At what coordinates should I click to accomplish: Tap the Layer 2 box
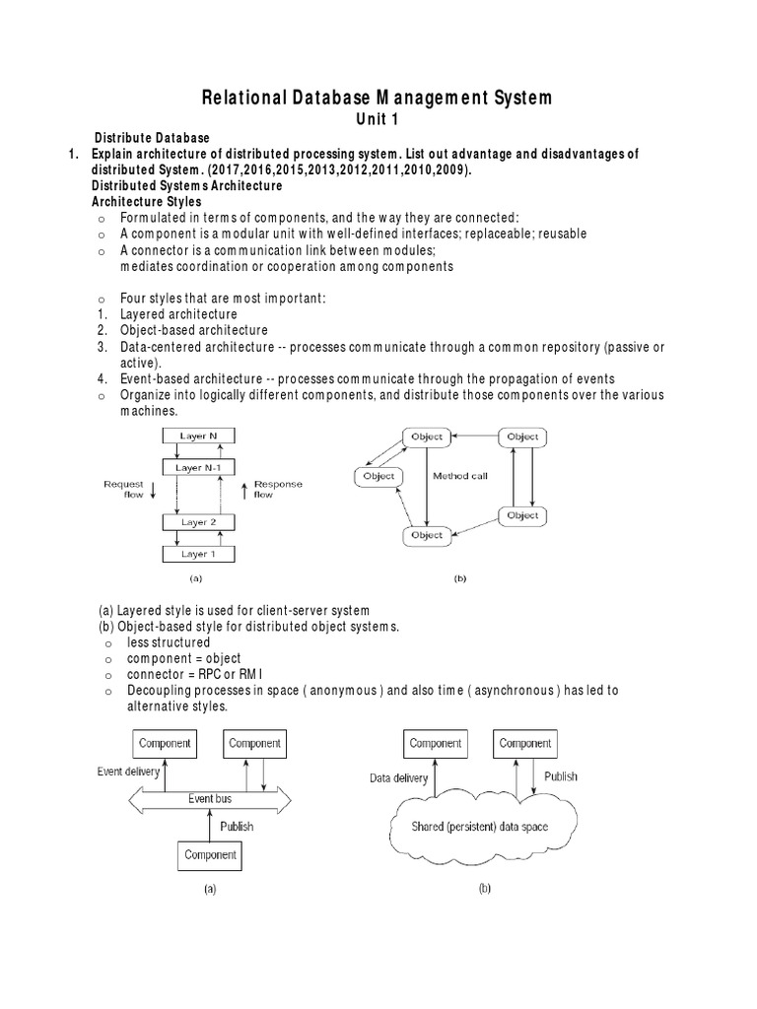point(199,522)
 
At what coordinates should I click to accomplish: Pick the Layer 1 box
point(199,554)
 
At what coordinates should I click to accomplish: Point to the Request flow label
point(124,490)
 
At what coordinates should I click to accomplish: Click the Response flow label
point(277,490)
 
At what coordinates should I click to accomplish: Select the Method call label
point(460,476)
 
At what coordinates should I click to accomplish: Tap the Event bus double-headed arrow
point(210,799)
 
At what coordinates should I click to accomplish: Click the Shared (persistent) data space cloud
point(479,827)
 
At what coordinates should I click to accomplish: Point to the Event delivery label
point(128,772)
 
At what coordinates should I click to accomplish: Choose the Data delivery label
point(398,777)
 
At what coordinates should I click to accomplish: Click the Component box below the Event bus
point(210,854)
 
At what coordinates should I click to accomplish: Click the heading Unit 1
point(378,118)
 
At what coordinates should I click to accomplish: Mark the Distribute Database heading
point(151,137)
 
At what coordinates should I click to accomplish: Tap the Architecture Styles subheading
point(147,201)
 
